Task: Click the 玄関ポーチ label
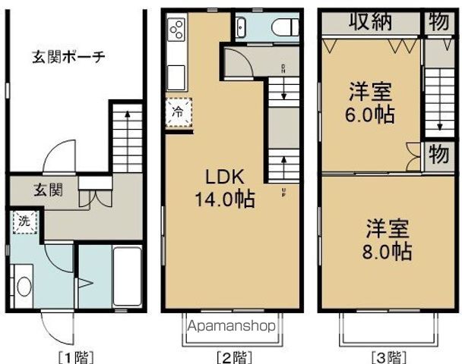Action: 68,56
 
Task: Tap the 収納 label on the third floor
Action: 370,22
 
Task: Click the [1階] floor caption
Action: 74,355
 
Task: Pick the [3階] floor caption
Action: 388,355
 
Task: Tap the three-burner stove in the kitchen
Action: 177,30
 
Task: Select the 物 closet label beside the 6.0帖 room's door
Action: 438,154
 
